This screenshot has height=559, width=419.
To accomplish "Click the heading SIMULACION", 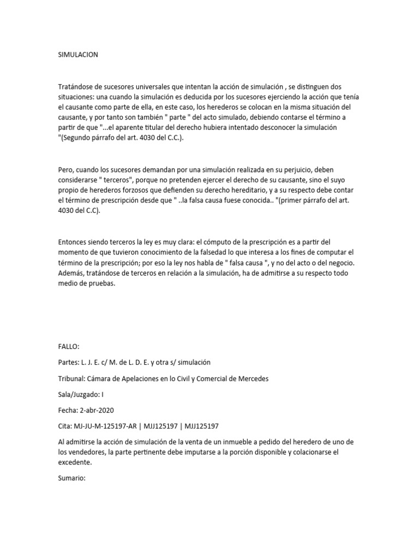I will tap(78, 55).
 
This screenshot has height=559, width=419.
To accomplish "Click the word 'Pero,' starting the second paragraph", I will tap(67, 170).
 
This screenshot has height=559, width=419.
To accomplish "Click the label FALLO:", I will tap(69, 347).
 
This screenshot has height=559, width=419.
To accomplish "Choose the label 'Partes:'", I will tap(69, 362).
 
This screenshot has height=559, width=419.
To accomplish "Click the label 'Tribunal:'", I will tap(73, 379).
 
